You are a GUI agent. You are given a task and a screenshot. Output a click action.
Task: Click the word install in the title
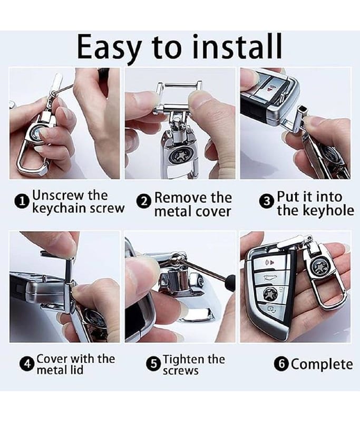237,46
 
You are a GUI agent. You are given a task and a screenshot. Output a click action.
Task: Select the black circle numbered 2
144,202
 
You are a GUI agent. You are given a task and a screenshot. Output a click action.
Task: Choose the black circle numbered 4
27,365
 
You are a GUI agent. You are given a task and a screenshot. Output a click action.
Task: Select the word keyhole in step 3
332,210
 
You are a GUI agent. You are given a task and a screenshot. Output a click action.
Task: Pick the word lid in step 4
77,370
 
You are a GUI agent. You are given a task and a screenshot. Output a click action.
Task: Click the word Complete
322,365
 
